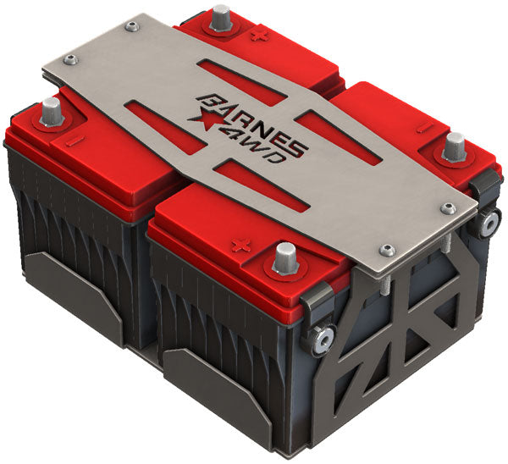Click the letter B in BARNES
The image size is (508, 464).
coord(206,102)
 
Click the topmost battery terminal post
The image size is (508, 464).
coord(221,17)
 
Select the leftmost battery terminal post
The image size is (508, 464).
coord(51,109)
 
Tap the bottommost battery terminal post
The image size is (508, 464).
coord(285,257)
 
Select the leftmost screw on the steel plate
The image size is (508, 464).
coord(70,59)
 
